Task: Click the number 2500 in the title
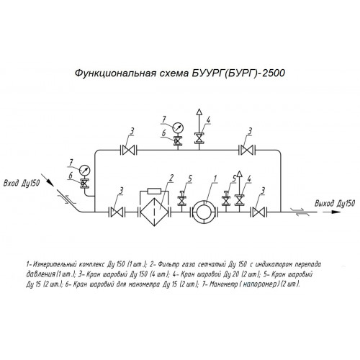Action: [274, 73]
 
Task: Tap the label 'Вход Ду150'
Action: [22, 184]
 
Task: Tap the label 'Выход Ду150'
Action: [335, 204]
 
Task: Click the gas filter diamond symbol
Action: [154, 212]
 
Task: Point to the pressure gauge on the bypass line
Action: [178, 127]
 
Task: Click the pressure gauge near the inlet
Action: [84, 170]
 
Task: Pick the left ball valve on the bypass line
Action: [128, 150]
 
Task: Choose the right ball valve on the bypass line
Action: [247, 150]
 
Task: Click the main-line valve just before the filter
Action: [117, 212]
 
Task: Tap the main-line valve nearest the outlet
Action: [258, 212]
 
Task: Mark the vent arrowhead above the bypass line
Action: [199, 112]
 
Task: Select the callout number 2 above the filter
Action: [171, 179]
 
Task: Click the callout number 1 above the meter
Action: [215, 179]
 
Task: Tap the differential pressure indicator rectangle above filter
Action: [154, 192]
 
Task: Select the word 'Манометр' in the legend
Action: [223, 284]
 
